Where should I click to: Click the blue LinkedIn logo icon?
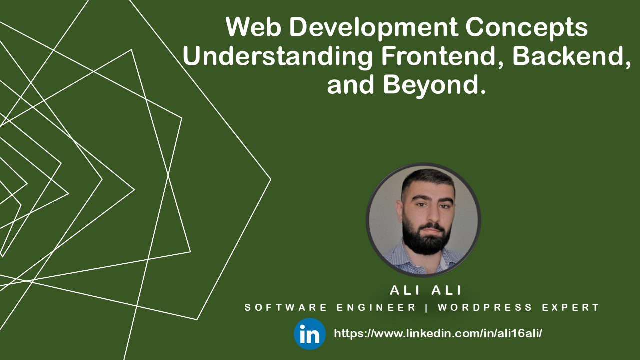(x=310, y=334)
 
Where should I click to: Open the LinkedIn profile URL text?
(x=438, y=333)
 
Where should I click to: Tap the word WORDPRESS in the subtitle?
(x=488, y=308)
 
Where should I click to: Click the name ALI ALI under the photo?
(x=426, y=290)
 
